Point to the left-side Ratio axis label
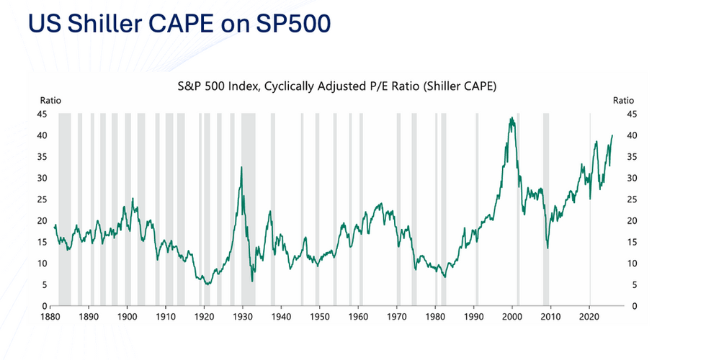point(50,101)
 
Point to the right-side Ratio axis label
point(622,101)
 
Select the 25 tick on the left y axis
point(43,199)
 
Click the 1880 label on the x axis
point(50,317)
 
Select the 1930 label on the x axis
point(243,317)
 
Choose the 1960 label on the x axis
point(359,317)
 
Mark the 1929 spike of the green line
point(241,167)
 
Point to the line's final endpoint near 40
point(612,135)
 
